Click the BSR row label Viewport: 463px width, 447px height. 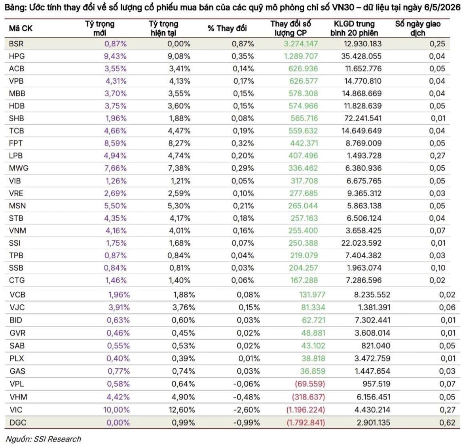[16, 44]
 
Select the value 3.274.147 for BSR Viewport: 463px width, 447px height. [301, 44]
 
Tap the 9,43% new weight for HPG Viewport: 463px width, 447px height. [115, 56]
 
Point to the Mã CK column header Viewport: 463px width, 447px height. [21, 29]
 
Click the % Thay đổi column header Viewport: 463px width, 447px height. [227, 29]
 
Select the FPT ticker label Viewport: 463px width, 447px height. [16, 143]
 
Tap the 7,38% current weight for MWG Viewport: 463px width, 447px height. [179, 168]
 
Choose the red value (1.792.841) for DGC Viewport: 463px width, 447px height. [306, 422]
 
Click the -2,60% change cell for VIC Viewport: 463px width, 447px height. [246, 410]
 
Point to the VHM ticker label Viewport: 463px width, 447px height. [18, 397]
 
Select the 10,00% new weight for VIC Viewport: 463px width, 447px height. [116, 410]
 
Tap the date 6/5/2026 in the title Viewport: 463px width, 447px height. [442, 7]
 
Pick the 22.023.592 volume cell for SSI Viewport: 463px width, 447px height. [361, 243]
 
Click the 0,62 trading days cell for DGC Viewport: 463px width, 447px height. [447, 422]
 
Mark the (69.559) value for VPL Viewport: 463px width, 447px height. [310, 384]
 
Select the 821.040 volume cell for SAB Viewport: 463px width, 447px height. [376, 346]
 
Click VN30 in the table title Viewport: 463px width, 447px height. [344, 7]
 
